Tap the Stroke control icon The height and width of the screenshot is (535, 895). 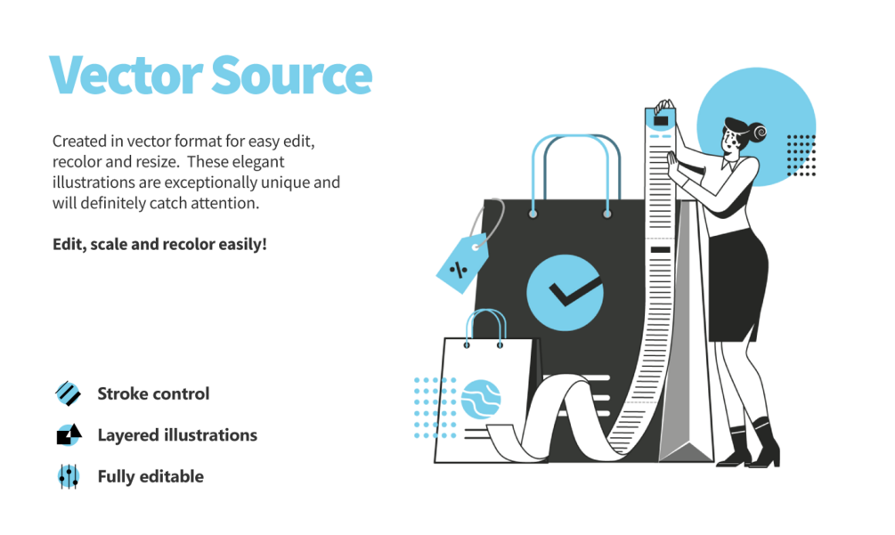click(x=69, y=393)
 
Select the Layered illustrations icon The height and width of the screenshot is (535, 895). click(x=69, y=434)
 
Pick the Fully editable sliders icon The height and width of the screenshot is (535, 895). click(x=69, y=476)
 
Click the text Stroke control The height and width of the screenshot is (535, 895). click(x=153, y=393)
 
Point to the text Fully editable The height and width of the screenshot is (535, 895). click(x=151, y=476)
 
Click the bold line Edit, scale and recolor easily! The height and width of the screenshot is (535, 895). click(x=159, y=243)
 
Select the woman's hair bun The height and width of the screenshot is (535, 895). click(x=760, y=133)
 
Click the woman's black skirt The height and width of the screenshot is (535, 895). click(x=736, y=285)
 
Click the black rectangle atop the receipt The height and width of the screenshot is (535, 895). click(x=663, y=118)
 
